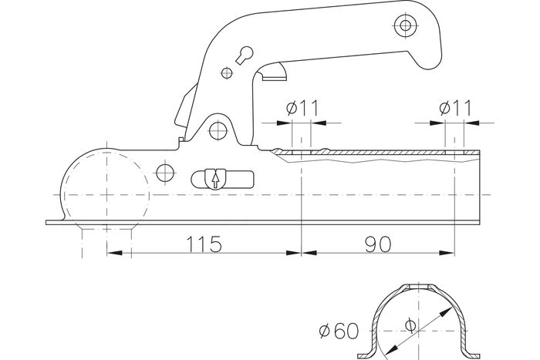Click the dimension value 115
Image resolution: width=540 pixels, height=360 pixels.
coord(204,244)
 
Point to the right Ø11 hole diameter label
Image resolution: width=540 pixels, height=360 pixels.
coord(455,108)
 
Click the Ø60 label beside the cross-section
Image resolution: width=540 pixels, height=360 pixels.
coord(338,332)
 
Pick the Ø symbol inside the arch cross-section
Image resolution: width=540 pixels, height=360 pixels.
coord(409,325)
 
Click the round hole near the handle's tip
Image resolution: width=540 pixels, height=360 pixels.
coord(403,25)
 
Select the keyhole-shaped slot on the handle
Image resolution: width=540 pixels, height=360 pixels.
coord(245,55)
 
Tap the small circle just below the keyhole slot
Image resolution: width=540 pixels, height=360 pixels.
coord(227,73)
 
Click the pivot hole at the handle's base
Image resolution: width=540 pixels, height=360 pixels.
coord(218,128)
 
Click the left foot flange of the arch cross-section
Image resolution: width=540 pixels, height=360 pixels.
coord(371,355)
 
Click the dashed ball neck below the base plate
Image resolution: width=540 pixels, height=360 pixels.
coord(106,239)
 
